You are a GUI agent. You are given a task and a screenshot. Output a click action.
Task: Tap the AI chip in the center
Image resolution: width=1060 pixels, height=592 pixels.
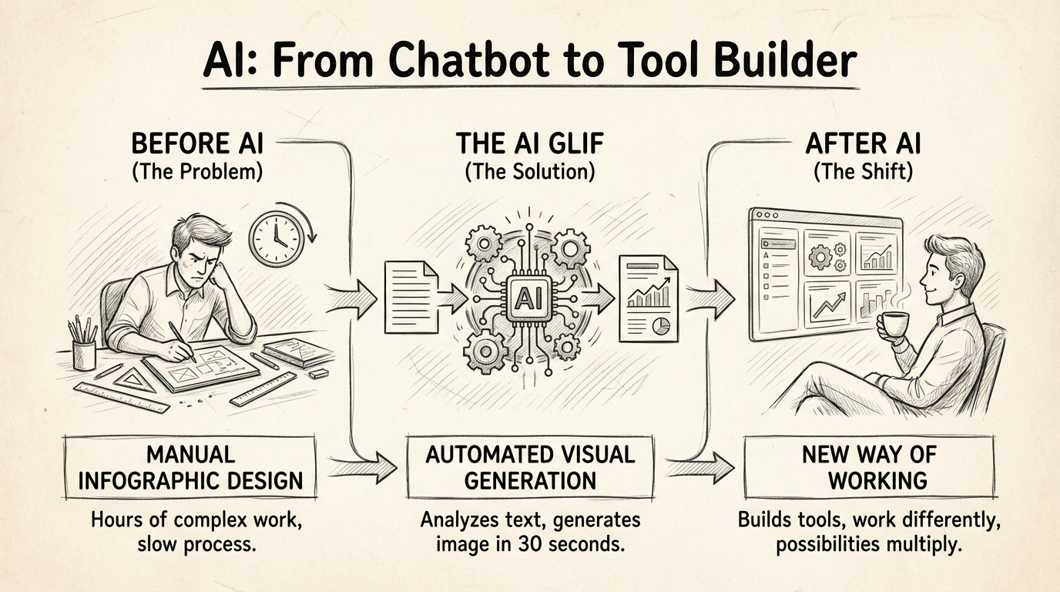click(x=530, y=296)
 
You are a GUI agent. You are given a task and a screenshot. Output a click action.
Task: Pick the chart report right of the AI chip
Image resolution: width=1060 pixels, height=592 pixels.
click(x=648, y=299)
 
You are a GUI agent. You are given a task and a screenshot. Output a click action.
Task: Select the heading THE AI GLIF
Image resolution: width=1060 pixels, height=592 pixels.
click(x=530, y=144)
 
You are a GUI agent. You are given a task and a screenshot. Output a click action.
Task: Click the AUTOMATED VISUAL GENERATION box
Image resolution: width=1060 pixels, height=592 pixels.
click(x=531, y=467)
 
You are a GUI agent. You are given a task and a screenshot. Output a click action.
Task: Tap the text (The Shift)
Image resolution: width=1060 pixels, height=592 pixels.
click(x=863, y=171)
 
